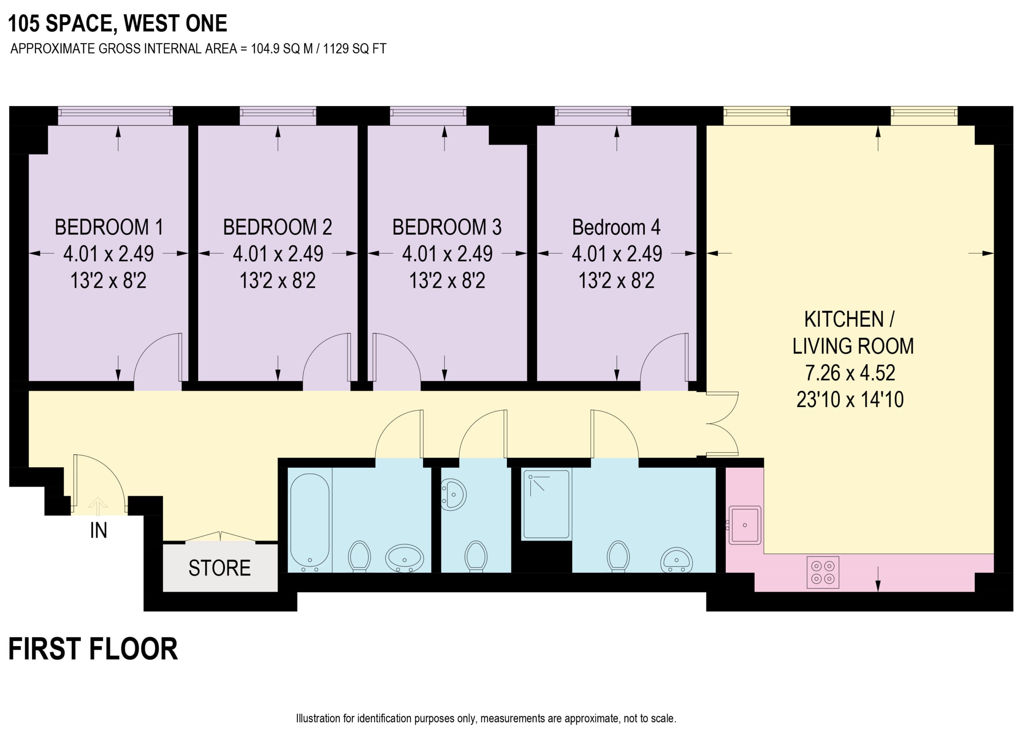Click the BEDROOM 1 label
(108, 227)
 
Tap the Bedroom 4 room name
(616, 227)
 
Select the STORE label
(219, 568)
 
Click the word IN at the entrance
(99, 531)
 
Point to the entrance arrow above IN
(97, 506)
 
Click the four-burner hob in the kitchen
(822, 572)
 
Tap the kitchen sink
(745, 525)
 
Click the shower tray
(546, 504)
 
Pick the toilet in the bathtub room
(359, 556)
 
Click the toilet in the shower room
(618, 556)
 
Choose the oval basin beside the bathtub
(404, 558)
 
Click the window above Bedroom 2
(278, 116)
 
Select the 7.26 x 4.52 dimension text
(850, 373)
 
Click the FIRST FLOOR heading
(93, 649)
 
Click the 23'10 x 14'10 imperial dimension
(850, 399)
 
